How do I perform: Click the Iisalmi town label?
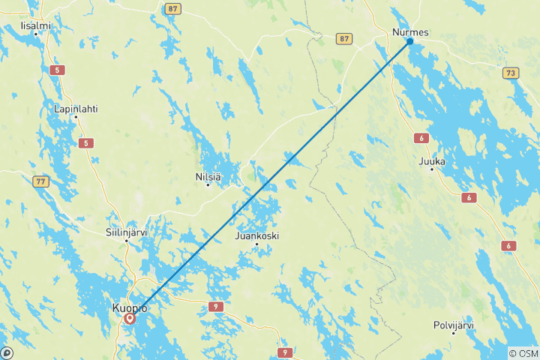click(36, 25)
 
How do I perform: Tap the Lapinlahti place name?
click(76, 109)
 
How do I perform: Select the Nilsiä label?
click(207, 177)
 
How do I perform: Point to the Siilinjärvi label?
click(127, 232)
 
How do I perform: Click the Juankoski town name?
click(257, 235)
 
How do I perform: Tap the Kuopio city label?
click(128, 307)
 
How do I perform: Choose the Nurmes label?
click(410, 32)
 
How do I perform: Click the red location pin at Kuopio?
click(130, 319)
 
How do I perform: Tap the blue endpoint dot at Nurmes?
click(409, 41)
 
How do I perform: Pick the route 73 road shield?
click(510, 73)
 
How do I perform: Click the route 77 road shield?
click(40, 181)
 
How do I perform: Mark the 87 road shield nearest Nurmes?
click(343, 38)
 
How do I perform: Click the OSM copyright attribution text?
click(523, 353)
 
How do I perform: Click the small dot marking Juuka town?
click(432, 169)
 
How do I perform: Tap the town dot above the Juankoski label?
click(257, 244)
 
